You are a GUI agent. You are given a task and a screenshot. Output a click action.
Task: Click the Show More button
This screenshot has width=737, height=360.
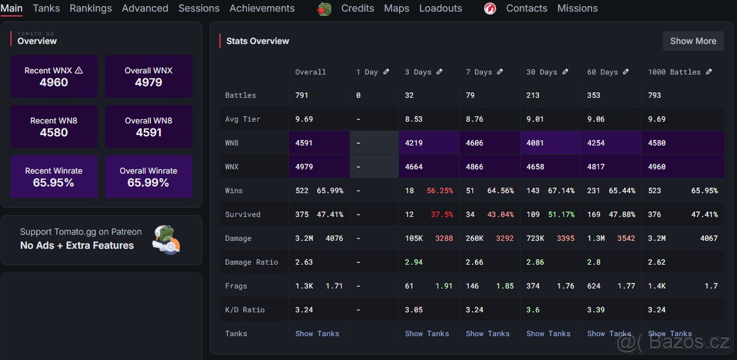[x=693, y=41]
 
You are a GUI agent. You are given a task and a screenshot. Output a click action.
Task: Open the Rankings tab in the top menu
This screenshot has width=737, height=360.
[x=90, y=9]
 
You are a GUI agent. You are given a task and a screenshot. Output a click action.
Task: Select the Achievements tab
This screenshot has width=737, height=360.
[x=262, y=9]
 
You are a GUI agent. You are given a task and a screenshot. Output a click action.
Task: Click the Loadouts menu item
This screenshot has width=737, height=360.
[x=440, y=9]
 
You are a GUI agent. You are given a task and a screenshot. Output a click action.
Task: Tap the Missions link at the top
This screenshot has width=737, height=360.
[x=577, y=9]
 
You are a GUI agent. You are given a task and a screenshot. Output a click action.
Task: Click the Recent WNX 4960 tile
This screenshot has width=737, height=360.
[x=54, y=77]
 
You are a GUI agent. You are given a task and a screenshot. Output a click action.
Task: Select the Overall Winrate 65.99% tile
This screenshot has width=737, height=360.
[x=149, y=177]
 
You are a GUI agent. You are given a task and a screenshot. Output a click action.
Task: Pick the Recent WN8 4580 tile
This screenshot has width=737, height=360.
[x=54, y=127]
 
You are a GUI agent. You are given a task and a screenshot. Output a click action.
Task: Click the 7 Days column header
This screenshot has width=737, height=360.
[x=479, y=72]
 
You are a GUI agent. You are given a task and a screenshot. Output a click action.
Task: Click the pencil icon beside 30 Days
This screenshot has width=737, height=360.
[x=564, y=72]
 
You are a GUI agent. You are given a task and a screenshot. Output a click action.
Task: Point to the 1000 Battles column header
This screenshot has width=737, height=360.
[x=674, y=72]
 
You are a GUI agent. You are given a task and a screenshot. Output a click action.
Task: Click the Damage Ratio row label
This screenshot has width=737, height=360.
[x=251, y=262]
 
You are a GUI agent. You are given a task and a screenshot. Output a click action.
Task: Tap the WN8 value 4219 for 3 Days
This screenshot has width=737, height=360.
[x=415, y=143]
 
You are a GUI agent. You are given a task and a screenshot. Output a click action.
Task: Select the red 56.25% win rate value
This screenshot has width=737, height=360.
[x=440, y=191]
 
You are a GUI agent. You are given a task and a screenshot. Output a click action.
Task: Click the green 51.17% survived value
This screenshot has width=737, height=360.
[x=561, y=214]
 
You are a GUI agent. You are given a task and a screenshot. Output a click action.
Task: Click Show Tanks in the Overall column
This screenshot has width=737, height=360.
[x=317, y=334]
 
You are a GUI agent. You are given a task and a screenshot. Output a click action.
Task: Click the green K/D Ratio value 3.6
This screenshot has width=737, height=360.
[x=532, y=310]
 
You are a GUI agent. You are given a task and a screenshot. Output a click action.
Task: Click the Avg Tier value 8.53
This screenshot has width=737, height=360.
[x=414, y=119]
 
